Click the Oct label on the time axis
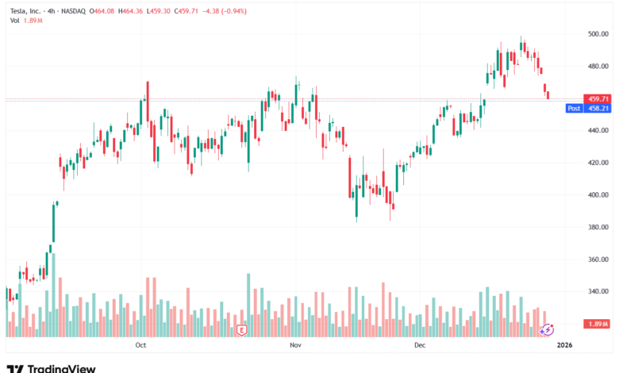(141, 345)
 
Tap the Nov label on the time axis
(296, 345)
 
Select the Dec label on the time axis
(420, 345)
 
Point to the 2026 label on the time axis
(564, 345)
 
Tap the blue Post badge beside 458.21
(574, 108)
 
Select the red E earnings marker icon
(242, 329)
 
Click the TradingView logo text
(61, 368)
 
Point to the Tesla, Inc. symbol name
(31, 10)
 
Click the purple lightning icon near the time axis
(547, 329)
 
